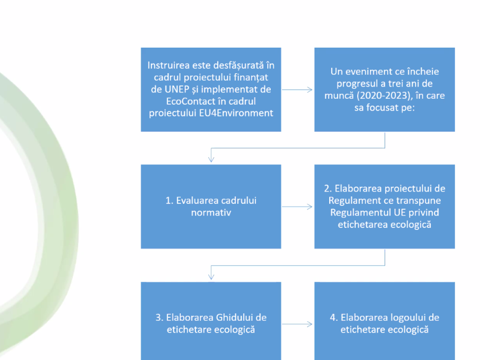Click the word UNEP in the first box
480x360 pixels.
click(x=177, y=89)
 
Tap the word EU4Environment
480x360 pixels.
click(x=236, y=113)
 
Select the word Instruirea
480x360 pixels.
click(x=168, y=65)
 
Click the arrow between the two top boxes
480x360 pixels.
click(x=297, y=90)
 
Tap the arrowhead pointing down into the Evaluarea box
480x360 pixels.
click(x=211, y=159)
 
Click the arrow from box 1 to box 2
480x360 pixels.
click(x=297, y=207)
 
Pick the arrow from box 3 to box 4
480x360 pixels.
click(x=297, y=324)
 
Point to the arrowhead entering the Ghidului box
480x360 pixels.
click(x=211, y=276)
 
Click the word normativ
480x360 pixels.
click(x=211, y=213)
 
